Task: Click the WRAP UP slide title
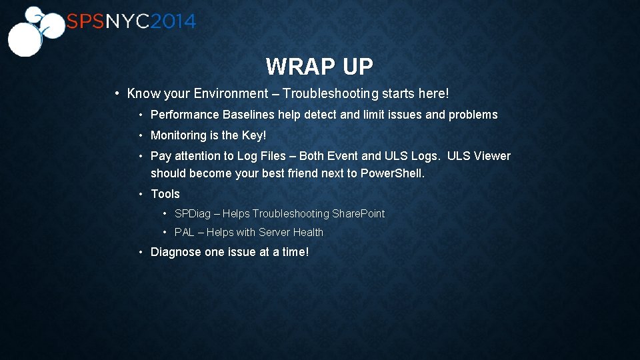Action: pyautogui.click(x=319, y=67)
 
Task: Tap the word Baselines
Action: pyautogui.click(x=249, y=115)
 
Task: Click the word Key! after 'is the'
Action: pyautogui.click(x=253, y=135)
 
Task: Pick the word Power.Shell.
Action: pyautogui.click(x=392, y=173)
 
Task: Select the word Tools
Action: pyautogui.click(x=165, y=194)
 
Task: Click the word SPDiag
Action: pyautogui.click(x=193, y=213)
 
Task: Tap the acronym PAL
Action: pyautogui.click(x=185, y=232)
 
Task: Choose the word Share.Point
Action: pyautogui.click(x=359, y=213)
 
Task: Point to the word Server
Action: pyautogui.click(x=273, y=232)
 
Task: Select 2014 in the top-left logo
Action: pyautogui.click(x=173, y=21)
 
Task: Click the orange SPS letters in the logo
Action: pyautogui.click(x=85, y=21)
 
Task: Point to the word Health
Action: pyautogui.click(x=308, y=232)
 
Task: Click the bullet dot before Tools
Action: pyautogui.click(x=142, y=194)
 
